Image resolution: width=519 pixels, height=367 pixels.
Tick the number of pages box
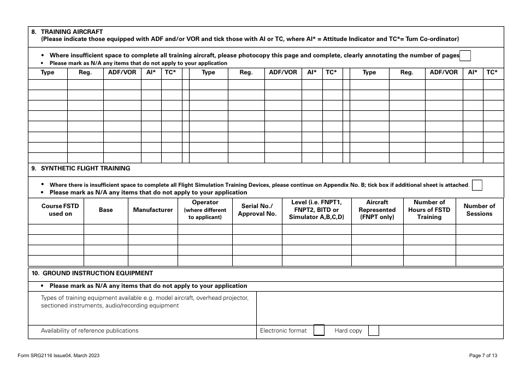click(465, 55)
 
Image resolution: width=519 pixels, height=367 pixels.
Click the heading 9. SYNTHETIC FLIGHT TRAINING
click(81, 168)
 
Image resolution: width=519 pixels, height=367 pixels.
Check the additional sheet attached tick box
click(477, 185)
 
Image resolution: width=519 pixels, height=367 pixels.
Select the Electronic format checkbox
click(319, 330)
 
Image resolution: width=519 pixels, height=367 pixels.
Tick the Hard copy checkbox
click(373, 330)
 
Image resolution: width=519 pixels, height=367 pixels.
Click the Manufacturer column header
click(153, 210)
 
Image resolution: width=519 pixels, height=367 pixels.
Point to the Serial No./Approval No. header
click(257, 210)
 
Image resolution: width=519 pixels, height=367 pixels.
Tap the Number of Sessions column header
click(479, 210)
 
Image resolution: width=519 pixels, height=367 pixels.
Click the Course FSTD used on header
click(56, 210)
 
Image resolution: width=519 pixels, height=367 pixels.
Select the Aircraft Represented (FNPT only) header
click(377, 210)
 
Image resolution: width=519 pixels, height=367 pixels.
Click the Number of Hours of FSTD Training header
click(429, 210)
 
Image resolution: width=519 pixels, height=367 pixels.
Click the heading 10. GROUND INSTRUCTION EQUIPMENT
click(92, 273)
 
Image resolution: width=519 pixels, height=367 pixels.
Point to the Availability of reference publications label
click(90, 330)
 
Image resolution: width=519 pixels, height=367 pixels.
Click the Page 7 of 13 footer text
click(483, 356)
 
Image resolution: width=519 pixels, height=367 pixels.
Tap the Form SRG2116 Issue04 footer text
click(58, 356)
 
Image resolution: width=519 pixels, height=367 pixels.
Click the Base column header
click(106, 210)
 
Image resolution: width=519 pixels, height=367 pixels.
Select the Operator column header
click(205, 210)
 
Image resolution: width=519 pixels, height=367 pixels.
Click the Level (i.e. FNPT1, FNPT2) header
click(316, 210)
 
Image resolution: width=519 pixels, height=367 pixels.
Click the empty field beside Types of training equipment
click(380, 308)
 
